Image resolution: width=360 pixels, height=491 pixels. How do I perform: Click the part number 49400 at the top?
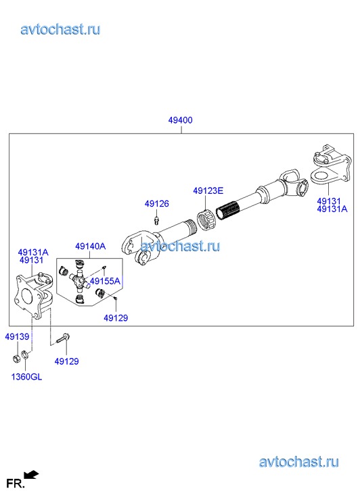pyautogui.click(x=180, y=120)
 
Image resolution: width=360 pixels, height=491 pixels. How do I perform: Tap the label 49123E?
pyautogui.click(x=208, y=190)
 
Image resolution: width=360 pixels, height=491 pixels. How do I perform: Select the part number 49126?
pyautogui.click(x=156, y=203)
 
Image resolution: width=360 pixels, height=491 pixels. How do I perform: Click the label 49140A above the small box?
pyautogui.click(x=91, y=247)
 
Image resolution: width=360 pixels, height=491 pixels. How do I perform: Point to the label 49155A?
pyautogui.click(x=105, y=281)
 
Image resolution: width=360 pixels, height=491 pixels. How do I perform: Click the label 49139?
pyautogui.click(x=17, y=336)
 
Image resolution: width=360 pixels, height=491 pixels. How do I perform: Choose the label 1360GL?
pyautogui.click(x=26, y=377)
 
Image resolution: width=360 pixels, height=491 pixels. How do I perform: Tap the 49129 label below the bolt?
pyautogui.click(x=66, y=361)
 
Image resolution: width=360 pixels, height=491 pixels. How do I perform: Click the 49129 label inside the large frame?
pyautogui.click(x=116, y=318)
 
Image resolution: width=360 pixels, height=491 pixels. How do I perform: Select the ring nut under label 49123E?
pyautogui.click(x=206, y=220)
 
